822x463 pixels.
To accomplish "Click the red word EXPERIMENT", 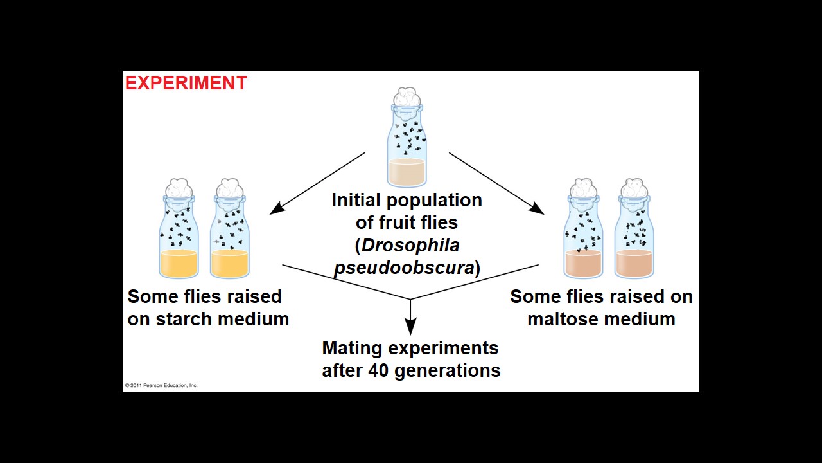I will (x=186, y=83).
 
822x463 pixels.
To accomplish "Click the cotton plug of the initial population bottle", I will (x=407, y=98).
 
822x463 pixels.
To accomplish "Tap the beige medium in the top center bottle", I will (x=407, y=172).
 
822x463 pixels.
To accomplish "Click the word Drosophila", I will (x=410, y=245).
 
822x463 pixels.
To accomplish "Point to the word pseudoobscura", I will (x=404, y=268).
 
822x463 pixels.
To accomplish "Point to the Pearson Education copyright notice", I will (x=161, y=385).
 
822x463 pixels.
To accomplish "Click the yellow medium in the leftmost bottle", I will (x=179, y=264).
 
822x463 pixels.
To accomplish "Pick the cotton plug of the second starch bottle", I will (x=229, y=189).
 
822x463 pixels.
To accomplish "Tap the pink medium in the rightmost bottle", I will (x=634, y=264).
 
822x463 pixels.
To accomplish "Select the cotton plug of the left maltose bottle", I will (x=583, y=189).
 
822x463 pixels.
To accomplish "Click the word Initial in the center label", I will (x=358, y=200).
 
